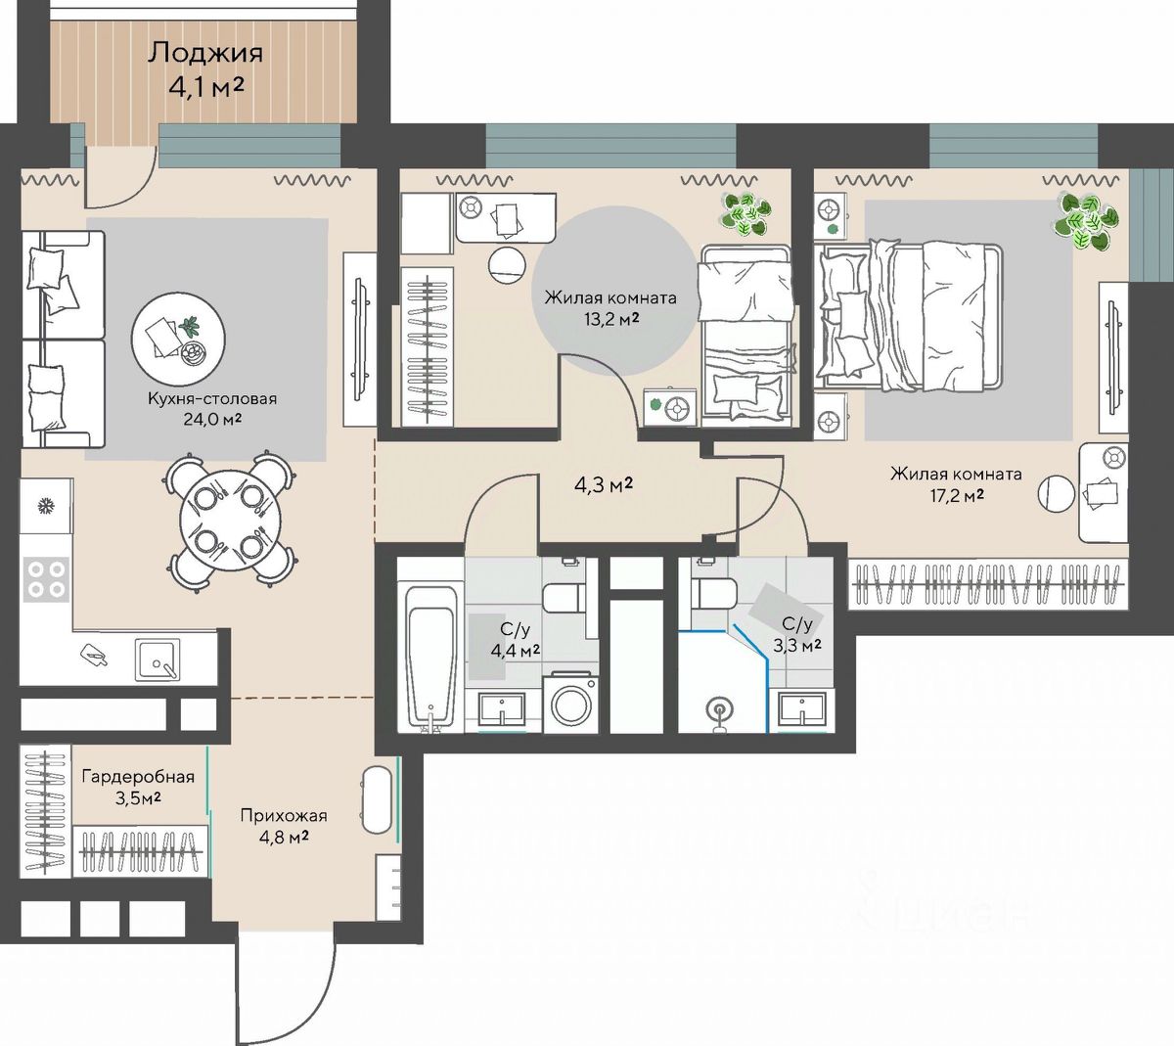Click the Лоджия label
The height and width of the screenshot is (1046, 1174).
pos(205,53)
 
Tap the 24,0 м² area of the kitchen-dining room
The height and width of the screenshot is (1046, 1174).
pos(212,419)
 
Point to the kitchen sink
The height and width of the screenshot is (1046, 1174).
pos(158,659)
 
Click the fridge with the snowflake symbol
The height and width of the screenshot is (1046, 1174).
pos(46,505)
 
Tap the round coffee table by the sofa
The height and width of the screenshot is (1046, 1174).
pos(178,339)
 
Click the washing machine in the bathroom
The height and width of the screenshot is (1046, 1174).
pos(570,702)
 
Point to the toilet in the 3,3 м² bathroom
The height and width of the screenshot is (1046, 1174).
pos(714,588)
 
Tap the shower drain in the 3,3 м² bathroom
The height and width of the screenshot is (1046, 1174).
pos(719,708)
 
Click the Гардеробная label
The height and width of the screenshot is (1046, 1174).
pos(138,777)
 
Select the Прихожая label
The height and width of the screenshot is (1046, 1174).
pos(284,816)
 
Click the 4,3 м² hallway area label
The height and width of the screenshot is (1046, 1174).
pos(604,485)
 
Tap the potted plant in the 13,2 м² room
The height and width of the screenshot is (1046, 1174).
pos(745,215)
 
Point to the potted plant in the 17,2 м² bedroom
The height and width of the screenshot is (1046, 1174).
pos(1084,221)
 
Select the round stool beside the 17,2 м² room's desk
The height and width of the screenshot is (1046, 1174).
pos(1057,494)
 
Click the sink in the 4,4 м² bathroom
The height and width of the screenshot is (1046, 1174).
pos(501,709)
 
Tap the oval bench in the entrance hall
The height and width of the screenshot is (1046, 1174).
pos(378,800)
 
